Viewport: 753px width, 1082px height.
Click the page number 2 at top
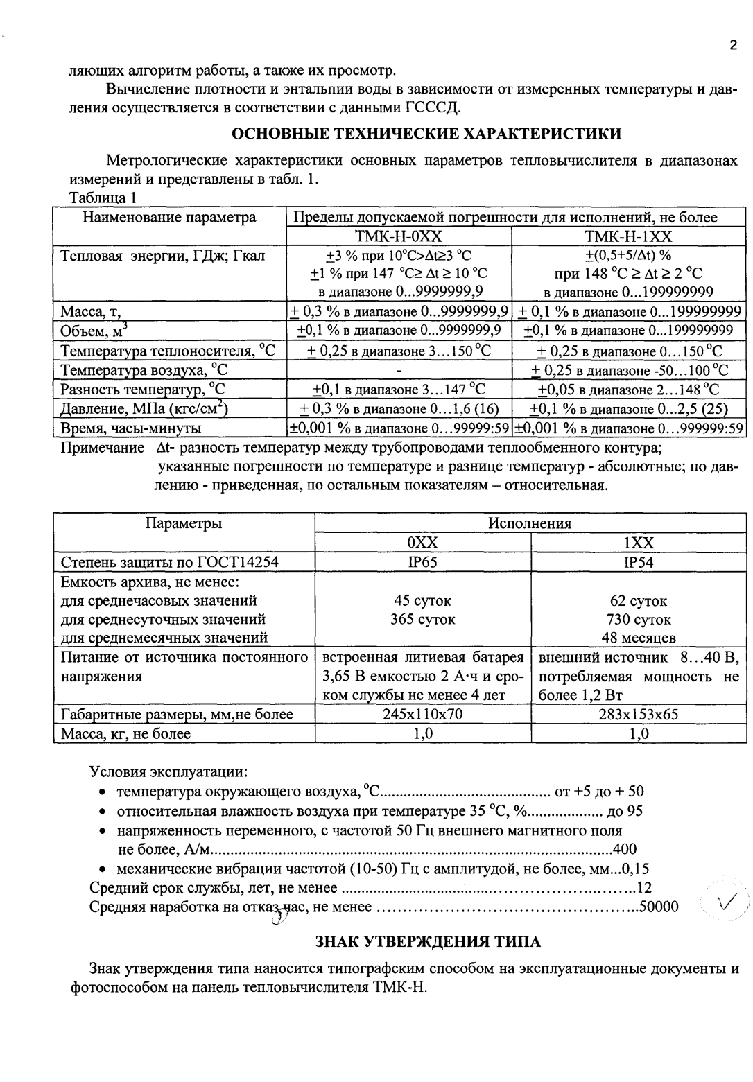click(x=733, y=46)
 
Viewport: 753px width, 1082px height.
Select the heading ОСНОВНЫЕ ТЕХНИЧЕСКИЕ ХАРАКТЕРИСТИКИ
click(x=425, y=133)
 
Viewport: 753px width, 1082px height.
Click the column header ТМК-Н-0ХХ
click(x=398, y=236)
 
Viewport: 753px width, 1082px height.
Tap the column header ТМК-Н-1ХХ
click(x=628, y=236)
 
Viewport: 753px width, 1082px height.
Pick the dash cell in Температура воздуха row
click(x=399, y=371)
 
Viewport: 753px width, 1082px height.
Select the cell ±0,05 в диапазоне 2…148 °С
click(x=629, y=390)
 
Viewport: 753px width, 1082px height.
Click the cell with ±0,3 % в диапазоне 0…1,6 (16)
click(x=399, y=408)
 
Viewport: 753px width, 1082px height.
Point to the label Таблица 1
click(x=103, y=198)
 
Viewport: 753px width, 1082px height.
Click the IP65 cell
click(x=422, y=562)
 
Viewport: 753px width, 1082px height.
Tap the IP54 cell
click(x=638, y=562)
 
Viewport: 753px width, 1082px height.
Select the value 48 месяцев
click(x=638, y=638)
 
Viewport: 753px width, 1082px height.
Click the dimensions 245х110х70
click(x=422, y=714)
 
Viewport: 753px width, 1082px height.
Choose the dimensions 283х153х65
click(x=638, y=714)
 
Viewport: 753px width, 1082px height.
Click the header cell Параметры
click(x=184, y=523)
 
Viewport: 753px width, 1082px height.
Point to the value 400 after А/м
click(x=625, y=849)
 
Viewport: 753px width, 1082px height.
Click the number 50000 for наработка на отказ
click(x=658, y=907)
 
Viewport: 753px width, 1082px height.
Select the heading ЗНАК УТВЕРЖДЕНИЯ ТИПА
click(x=428, y=941)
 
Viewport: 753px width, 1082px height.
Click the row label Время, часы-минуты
click(x=131, y=428)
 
